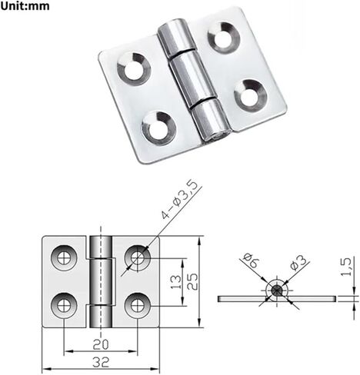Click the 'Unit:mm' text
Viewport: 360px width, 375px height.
25,6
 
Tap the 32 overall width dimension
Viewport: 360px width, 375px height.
101,362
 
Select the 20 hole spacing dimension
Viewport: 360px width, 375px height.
101,344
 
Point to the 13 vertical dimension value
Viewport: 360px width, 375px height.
176,282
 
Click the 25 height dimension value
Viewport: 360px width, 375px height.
192,281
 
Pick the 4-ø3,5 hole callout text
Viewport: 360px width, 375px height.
179,200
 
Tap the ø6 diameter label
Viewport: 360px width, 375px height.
251,261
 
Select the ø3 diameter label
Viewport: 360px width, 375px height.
298,263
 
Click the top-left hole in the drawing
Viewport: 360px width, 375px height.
64,258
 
